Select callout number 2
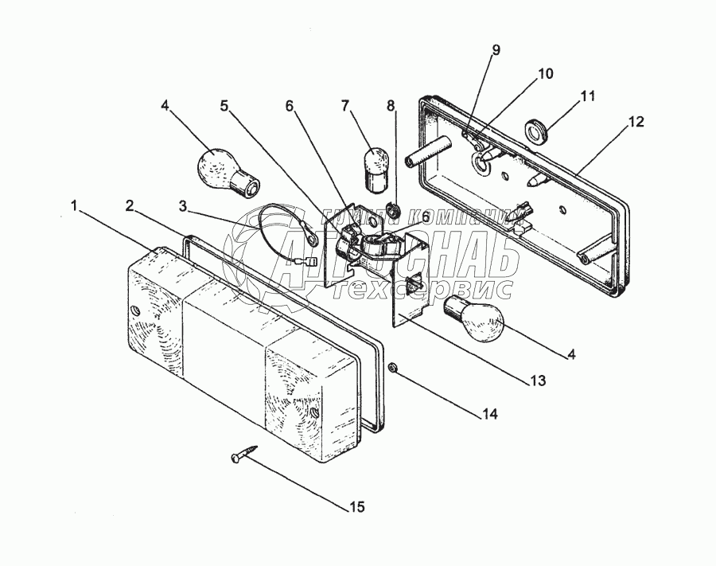coord(129,205)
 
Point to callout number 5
coord(224,105)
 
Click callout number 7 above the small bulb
coord(345,105)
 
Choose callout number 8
coord(390,105)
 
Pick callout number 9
coord(496,50)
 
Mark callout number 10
coord(545,73)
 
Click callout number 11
coord(587,96)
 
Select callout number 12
coord(636,122)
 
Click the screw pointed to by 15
coord(241,457)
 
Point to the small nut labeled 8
coord(392,210)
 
